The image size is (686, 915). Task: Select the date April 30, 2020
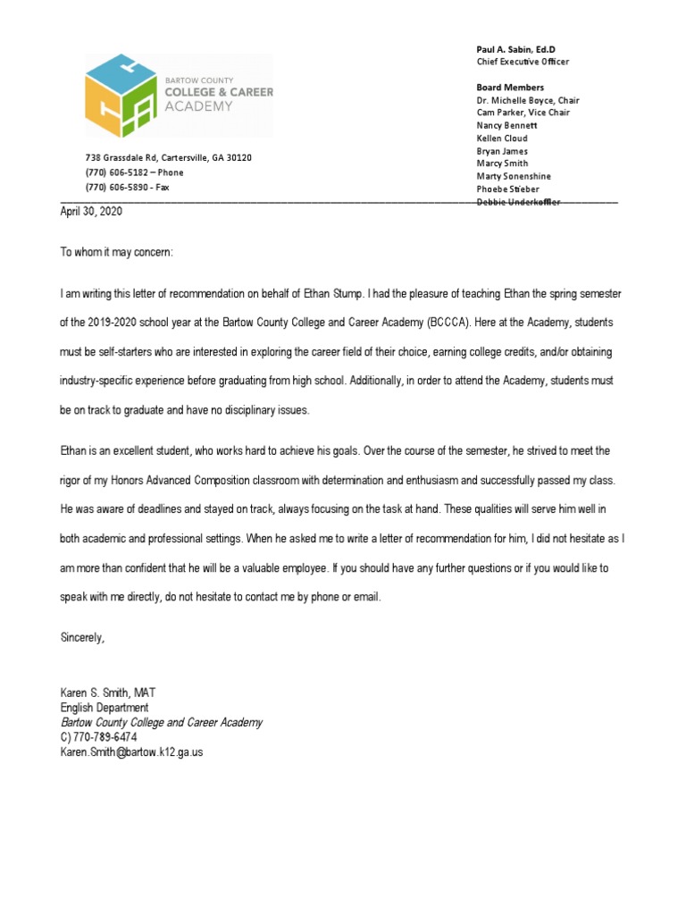click(91, 212)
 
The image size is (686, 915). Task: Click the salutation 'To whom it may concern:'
click(116, 253)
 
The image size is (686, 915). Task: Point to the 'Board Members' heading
click(510, 88)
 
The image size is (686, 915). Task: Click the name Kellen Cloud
click(502, 139)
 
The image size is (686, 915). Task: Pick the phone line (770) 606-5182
click(134, 172)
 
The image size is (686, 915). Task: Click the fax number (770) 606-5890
click(127, 188)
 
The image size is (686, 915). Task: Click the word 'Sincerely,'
click(83, 637)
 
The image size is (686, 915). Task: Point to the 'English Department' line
click(104, 708)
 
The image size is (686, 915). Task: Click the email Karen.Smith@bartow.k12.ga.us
click(131, 752)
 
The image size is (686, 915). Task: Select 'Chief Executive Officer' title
click(523, 62)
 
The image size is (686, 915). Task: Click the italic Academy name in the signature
click(161, 722)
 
